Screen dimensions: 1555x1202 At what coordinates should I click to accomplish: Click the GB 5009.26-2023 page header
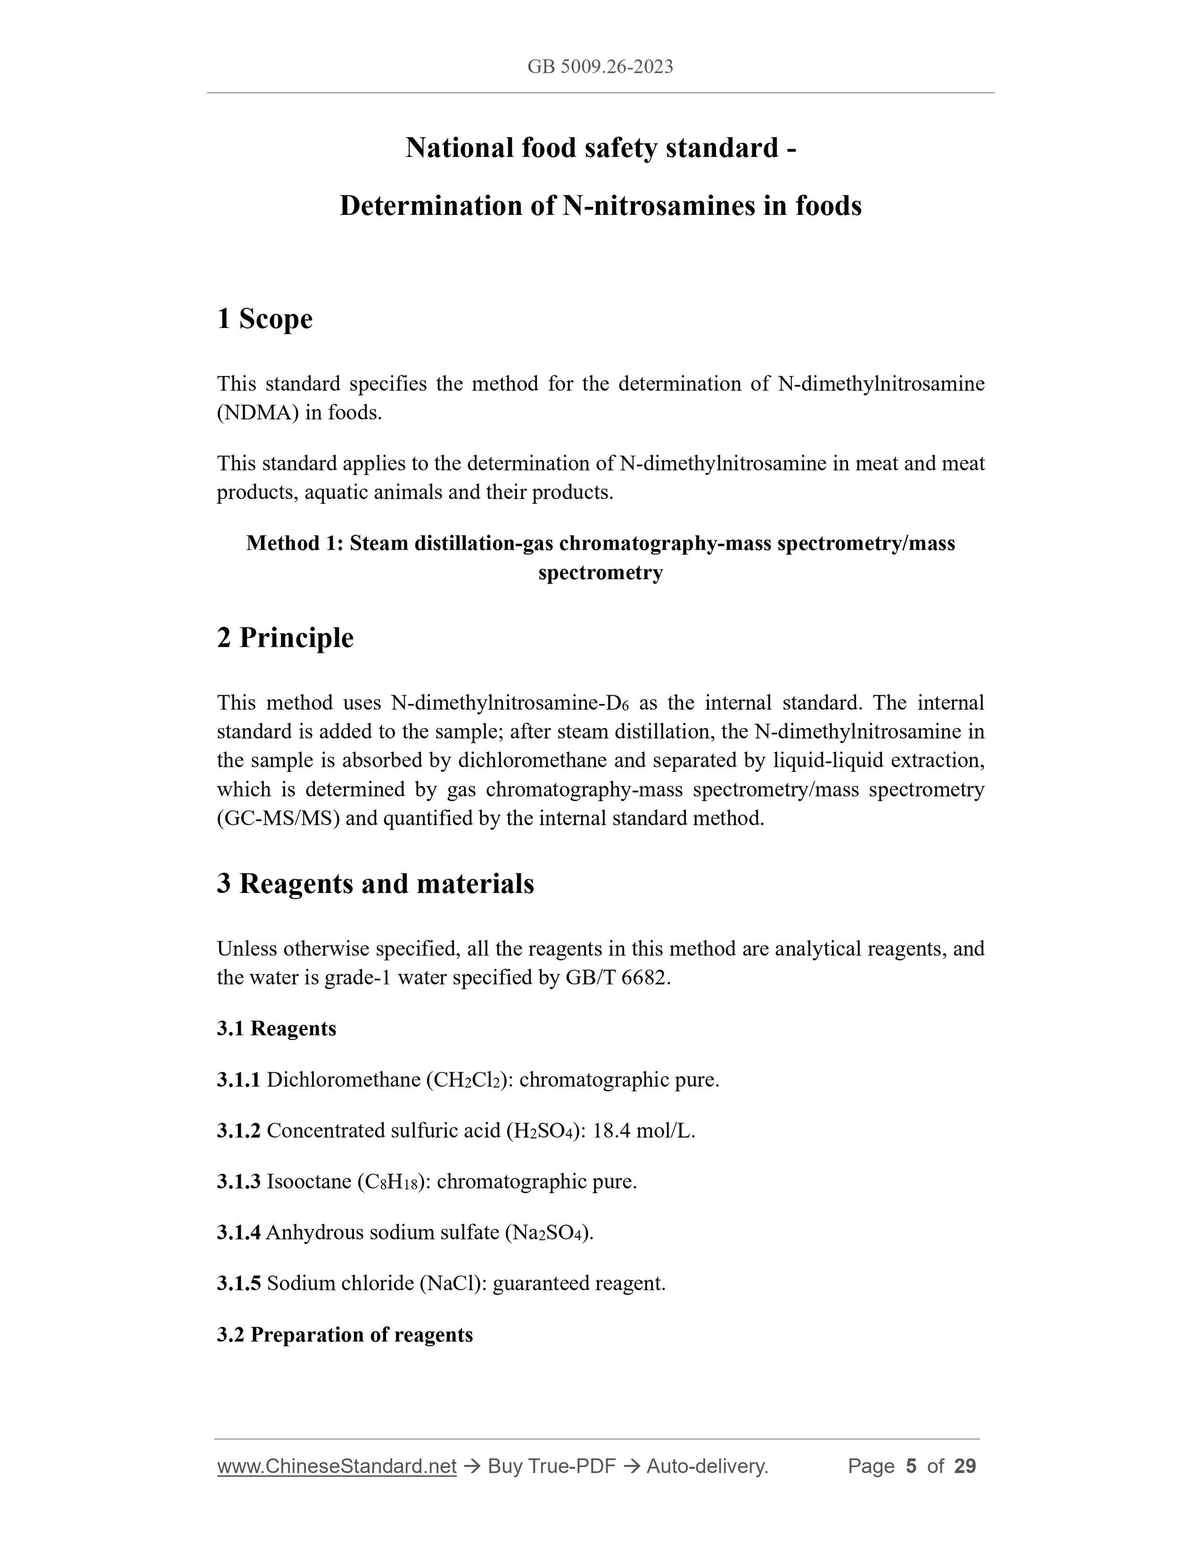tap(600, 67)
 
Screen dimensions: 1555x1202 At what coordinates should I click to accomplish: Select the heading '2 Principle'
tap(285, 637)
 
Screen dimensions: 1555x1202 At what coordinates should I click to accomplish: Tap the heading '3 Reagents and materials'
tap(376, 884)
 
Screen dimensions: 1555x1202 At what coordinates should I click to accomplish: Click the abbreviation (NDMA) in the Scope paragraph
tap(258, 413)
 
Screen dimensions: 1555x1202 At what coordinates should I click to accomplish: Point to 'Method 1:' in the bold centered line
tap(295, 543)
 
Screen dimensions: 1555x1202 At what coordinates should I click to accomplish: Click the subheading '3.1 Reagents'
tap(276, 1029)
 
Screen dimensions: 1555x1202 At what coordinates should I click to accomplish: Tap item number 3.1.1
tap(238, 1080)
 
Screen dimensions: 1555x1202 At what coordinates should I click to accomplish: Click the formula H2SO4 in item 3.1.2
tap(544, 1131)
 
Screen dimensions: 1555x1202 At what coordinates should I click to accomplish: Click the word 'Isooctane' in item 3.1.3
tap(309, 1182)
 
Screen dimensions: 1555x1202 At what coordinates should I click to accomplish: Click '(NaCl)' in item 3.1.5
tap(453, 1284)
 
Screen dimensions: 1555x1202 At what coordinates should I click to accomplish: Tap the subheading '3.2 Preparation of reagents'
tap(345, 1335)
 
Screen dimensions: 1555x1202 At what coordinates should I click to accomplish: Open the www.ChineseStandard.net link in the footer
tap(337, 1467)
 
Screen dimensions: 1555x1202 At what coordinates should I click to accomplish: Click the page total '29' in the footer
tap(965, 1467)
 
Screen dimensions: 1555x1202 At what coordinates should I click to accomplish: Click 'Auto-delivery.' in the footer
tap(707, 1467)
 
